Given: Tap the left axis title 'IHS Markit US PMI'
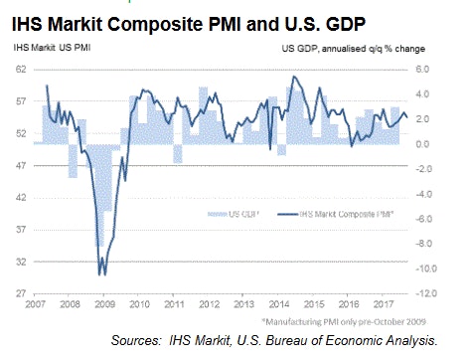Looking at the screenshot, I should click(47, 48).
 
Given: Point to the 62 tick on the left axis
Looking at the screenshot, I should click(20, 70).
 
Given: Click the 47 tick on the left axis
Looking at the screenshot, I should click(20, 166).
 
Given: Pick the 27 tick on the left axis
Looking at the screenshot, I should click(20, 293).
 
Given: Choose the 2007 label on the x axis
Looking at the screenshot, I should click(34, 305).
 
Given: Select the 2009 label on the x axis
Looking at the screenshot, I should click(102, 305).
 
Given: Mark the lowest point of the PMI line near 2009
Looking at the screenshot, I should click(100, 274).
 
